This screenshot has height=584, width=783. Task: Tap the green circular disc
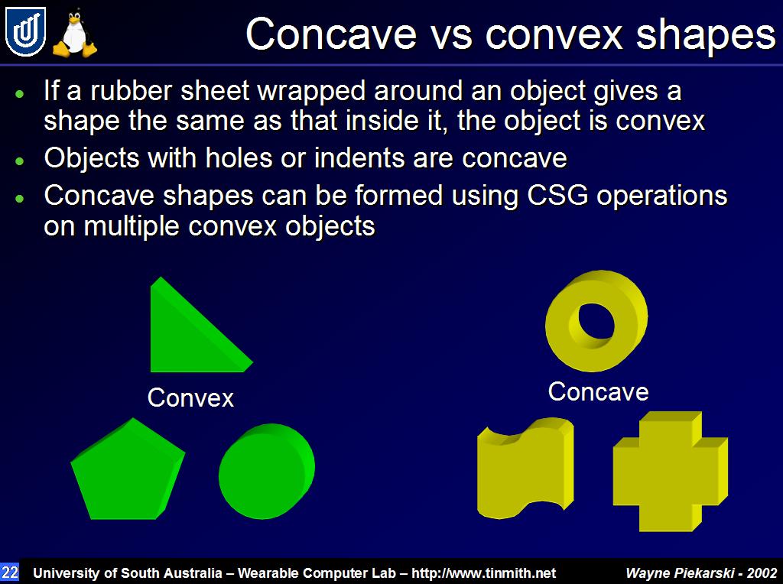point(267,471)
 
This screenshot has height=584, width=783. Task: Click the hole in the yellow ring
point(596,320)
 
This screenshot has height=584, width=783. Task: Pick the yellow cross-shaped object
point(670,472)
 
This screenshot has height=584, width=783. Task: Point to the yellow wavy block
point(525,469)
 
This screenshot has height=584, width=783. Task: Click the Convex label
point(190,397)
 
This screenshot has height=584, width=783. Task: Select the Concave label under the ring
point(598,391)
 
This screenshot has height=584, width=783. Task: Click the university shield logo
point(25,31)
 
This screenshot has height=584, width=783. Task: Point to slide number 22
point(9,572)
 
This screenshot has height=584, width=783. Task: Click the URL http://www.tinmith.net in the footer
point(483,573)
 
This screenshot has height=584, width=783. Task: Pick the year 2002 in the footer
point(762,573)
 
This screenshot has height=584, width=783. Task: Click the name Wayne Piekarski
point(680,573)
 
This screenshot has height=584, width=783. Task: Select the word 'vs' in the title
point(451,35)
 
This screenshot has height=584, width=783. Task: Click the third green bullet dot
point(19,198)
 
